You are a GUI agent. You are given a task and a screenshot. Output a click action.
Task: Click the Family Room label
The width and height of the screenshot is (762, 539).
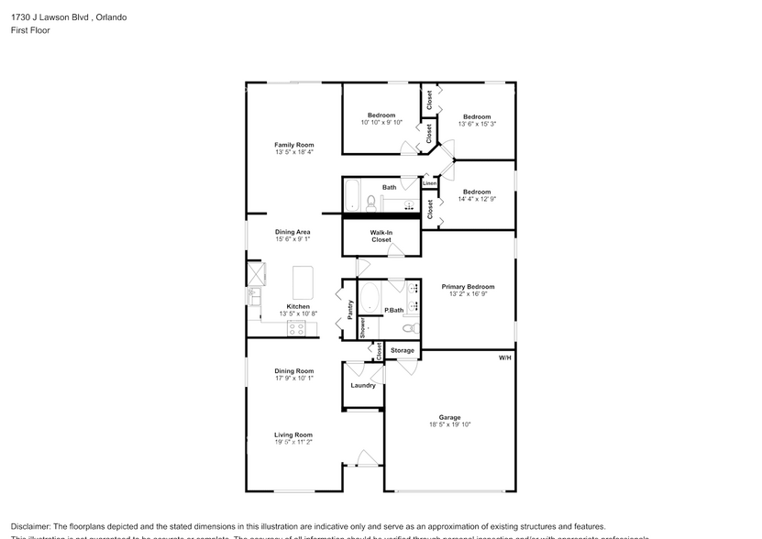coord(293,145)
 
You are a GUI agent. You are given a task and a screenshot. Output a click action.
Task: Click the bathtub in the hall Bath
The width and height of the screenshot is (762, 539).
coord(353,195)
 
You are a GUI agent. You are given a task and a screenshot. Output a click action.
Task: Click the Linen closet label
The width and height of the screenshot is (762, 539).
coord(429,183)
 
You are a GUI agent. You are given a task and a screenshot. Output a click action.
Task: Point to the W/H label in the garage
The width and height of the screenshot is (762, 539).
coord(504,357)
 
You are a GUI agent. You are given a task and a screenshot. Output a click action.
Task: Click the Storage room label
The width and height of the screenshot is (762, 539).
coord(403,350)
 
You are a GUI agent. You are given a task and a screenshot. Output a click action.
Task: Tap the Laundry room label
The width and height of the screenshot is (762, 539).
coord(363,385)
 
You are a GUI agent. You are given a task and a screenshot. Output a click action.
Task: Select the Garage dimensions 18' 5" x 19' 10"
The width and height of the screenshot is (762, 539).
coord(449,424)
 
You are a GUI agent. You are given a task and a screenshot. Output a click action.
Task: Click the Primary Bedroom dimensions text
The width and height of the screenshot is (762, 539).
coord(468,294)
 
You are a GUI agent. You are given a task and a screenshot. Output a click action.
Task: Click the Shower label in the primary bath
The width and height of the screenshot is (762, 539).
coord(362,327)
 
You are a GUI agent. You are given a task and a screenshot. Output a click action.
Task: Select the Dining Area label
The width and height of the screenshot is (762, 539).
coord(293,232)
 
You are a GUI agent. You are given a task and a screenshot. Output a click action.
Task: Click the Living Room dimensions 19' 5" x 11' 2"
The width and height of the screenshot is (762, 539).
coord(293,442)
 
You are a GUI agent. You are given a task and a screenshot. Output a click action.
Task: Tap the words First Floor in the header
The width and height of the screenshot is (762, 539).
coord(30,30)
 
